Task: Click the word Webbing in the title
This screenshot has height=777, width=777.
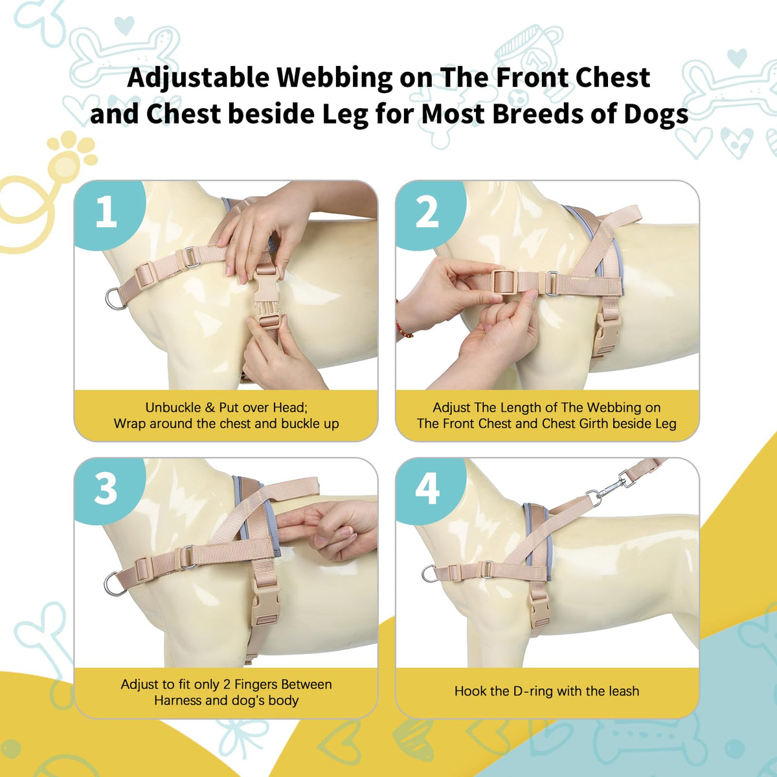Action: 334,78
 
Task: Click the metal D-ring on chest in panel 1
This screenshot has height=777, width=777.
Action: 115,298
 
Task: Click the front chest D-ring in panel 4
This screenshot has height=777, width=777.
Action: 429,574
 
